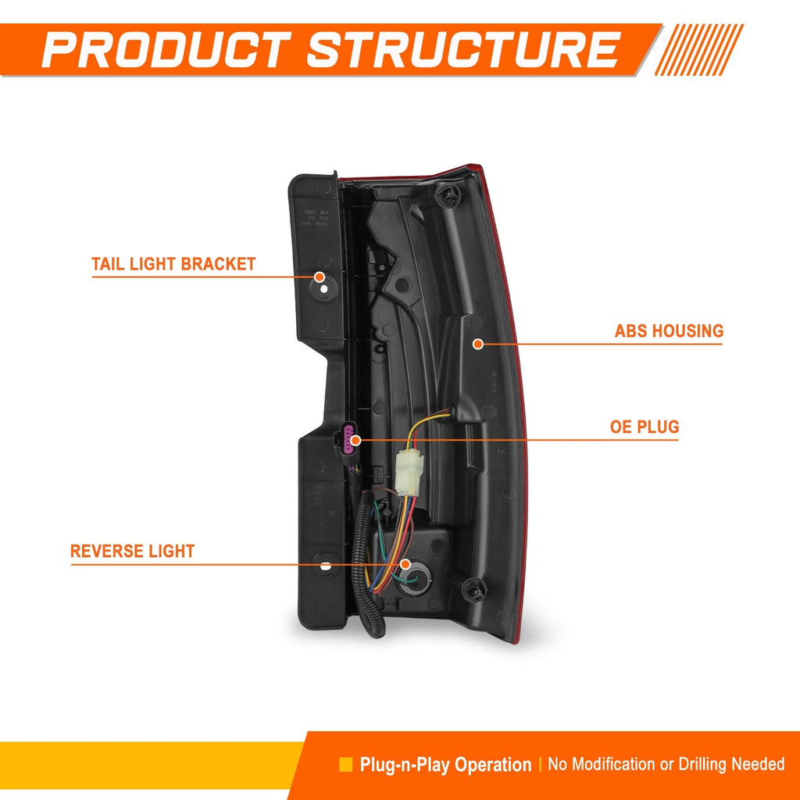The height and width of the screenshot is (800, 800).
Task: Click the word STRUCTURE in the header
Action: click(464, 49)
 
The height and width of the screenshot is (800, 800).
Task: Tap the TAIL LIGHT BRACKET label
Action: click(173, 264)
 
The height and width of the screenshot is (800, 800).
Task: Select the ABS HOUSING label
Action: click(669, 330)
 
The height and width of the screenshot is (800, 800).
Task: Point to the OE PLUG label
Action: click(645, 427)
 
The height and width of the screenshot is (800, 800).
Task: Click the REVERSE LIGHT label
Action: click(132, 551)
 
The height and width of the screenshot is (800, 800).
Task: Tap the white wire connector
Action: click(409, 470)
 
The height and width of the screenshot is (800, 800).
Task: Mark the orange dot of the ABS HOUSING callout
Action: click(478, 344)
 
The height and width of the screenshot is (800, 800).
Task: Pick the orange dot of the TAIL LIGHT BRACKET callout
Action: click(320, 277)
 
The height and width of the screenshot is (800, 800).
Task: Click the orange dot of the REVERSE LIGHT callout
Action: click(405, 564)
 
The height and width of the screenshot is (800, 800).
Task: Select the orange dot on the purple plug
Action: click(356, 440)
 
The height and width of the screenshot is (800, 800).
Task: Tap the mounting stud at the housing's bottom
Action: click(474, 590)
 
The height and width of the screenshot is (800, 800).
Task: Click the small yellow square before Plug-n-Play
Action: click(346, 764)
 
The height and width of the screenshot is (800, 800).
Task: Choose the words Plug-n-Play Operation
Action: click(445, 764)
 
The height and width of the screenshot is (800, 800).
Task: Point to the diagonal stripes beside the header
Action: click(699, 49)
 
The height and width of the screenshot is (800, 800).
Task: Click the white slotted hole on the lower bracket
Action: click(326, 566)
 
